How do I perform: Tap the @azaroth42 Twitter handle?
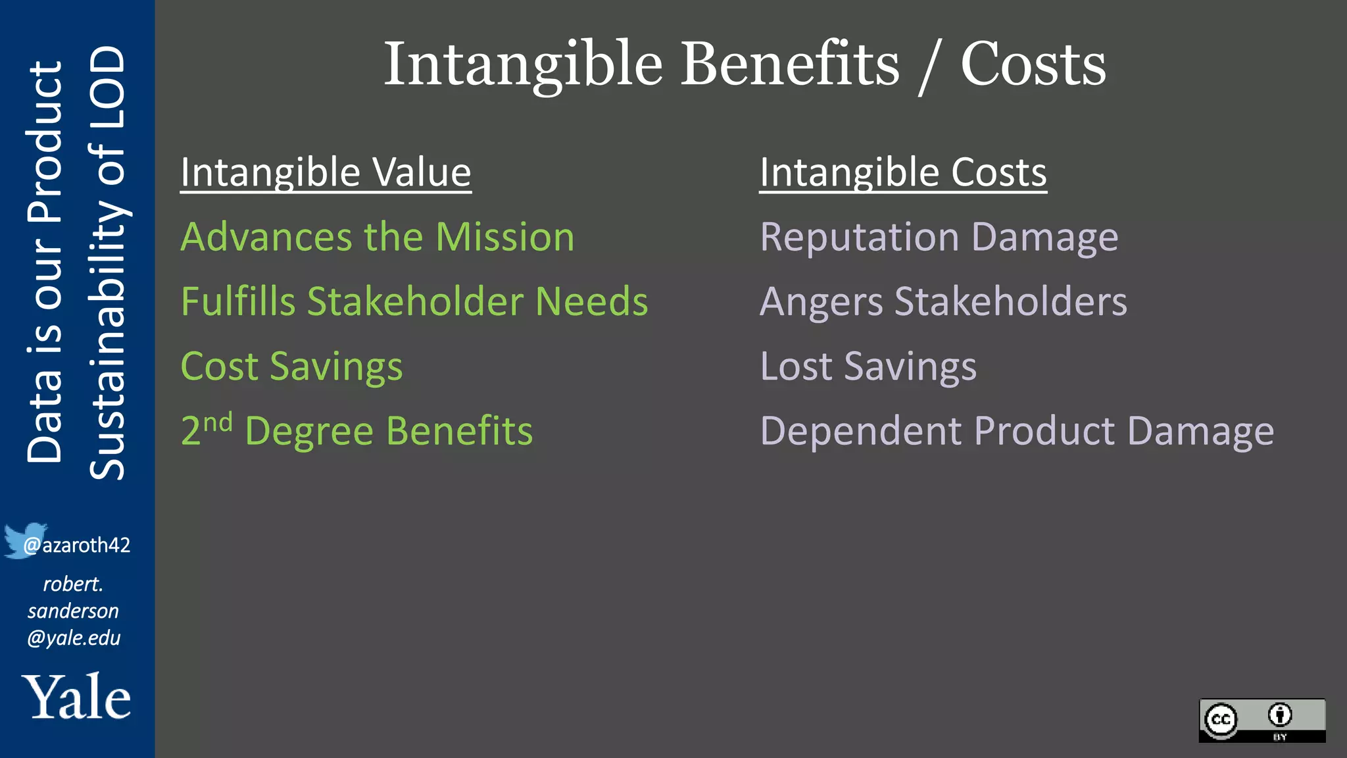[x=77, y=545]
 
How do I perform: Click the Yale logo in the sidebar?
[x=76, y=697]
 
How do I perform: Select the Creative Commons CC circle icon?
[x=1221, y=719]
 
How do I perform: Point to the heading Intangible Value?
[x=326, y=172]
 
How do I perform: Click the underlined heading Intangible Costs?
[x=902, y=172]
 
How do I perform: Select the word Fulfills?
[x=238, y=301]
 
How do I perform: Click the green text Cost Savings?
[x=291, y=366]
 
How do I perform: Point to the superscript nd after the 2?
[x=218, y=422]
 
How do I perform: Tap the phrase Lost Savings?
[x=868, y=366]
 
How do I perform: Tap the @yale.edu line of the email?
[x=74, y=638]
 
